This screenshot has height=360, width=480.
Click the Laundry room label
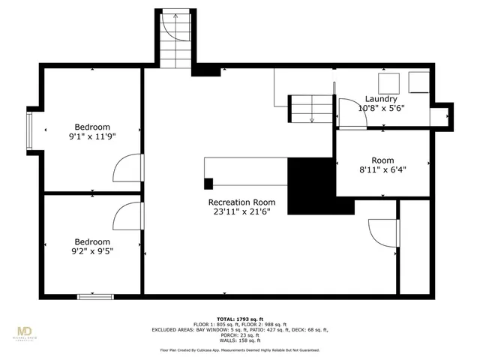pyautogui.click(x=381, y=99)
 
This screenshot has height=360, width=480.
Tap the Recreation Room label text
pyautogui.click(x=241, y=202)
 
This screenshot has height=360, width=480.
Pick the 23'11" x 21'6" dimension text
pyautogui.click(x=241, y=212)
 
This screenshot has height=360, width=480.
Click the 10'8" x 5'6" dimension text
pyautogui.click(x=381, y=109)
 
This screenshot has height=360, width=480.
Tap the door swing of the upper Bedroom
pyautogui.click(x=127, y=168)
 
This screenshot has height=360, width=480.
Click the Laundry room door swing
pyautogui.click(x=348, y=112)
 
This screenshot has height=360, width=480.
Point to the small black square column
pyautogui.click(x=208, y=182)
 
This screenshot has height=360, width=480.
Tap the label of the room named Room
pyautogui.click(x=382, y=160)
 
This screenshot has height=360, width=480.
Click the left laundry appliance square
pyautogui.click(x=388, y=81)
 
